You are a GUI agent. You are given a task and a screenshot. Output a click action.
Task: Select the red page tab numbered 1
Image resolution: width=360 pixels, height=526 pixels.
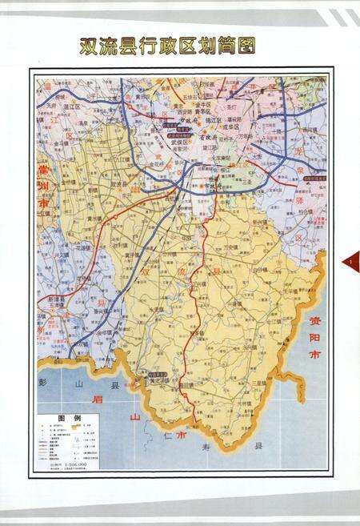[353, 262]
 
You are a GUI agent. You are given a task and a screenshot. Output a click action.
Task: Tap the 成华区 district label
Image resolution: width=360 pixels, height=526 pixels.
[228, 126]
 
